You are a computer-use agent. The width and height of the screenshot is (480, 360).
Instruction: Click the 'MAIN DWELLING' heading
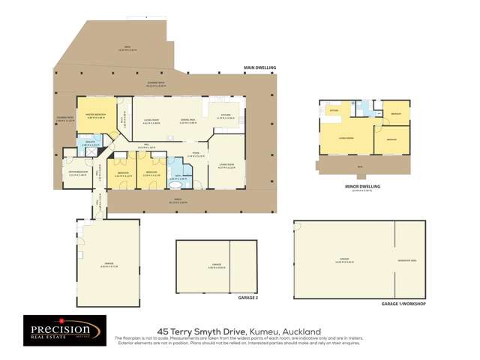(x=259, y=67)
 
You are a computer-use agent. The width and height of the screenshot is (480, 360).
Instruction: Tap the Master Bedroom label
(x=99, y=116)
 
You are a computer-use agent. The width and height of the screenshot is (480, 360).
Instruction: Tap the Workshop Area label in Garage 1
(x=409, y=260)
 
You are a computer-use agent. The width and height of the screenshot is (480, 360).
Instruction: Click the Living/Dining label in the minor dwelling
(x=346, y=138)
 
